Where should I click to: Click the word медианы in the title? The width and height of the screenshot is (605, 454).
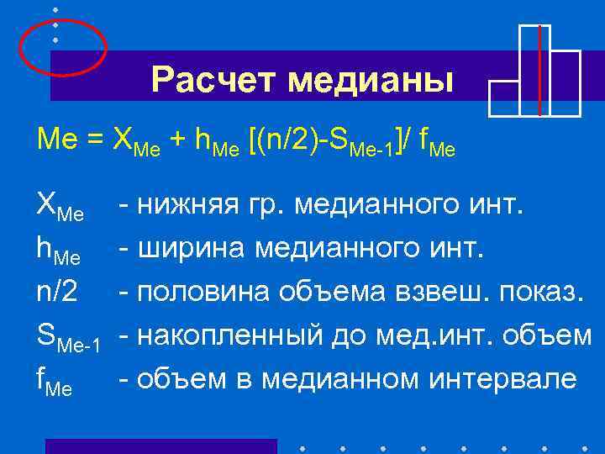371,82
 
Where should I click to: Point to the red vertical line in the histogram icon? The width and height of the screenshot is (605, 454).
539,71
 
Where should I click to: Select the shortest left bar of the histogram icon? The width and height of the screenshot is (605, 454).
503,98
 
